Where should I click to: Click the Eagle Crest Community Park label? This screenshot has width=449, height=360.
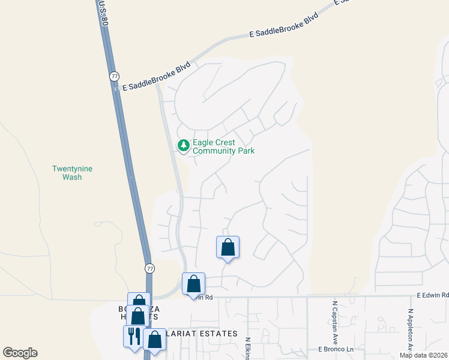tap(223, 147)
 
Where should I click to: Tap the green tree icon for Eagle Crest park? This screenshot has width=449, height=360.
tap(184, 145)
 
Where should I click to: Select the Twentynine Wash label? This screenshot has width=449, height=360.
tap(72, 173)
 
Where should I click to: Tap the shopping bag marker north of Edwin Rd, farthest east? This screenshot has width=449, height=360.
tap(228, 247)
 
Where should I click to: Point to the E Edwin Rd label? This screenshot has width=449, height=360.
tap(433, 295)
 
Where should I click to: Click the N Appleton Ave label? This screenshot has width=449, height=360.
tap(411, 330)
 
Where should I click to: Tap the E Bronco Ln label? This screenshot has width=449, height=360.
tap(334, 349)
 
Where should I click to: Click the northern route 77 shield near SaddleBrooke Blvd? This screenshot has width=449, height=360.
tap(114, 76)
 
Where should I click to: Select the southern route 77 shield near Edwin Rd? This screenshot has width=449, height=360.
tap(149, 268)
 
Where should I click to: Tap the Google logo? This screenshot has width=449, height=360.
tap(20, 353)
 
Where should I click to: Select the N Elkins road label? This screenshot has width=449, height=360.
tap(247, 348)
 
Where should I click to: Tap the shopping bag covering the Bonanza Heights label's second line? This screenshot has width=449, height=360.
tap(137, 316)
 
